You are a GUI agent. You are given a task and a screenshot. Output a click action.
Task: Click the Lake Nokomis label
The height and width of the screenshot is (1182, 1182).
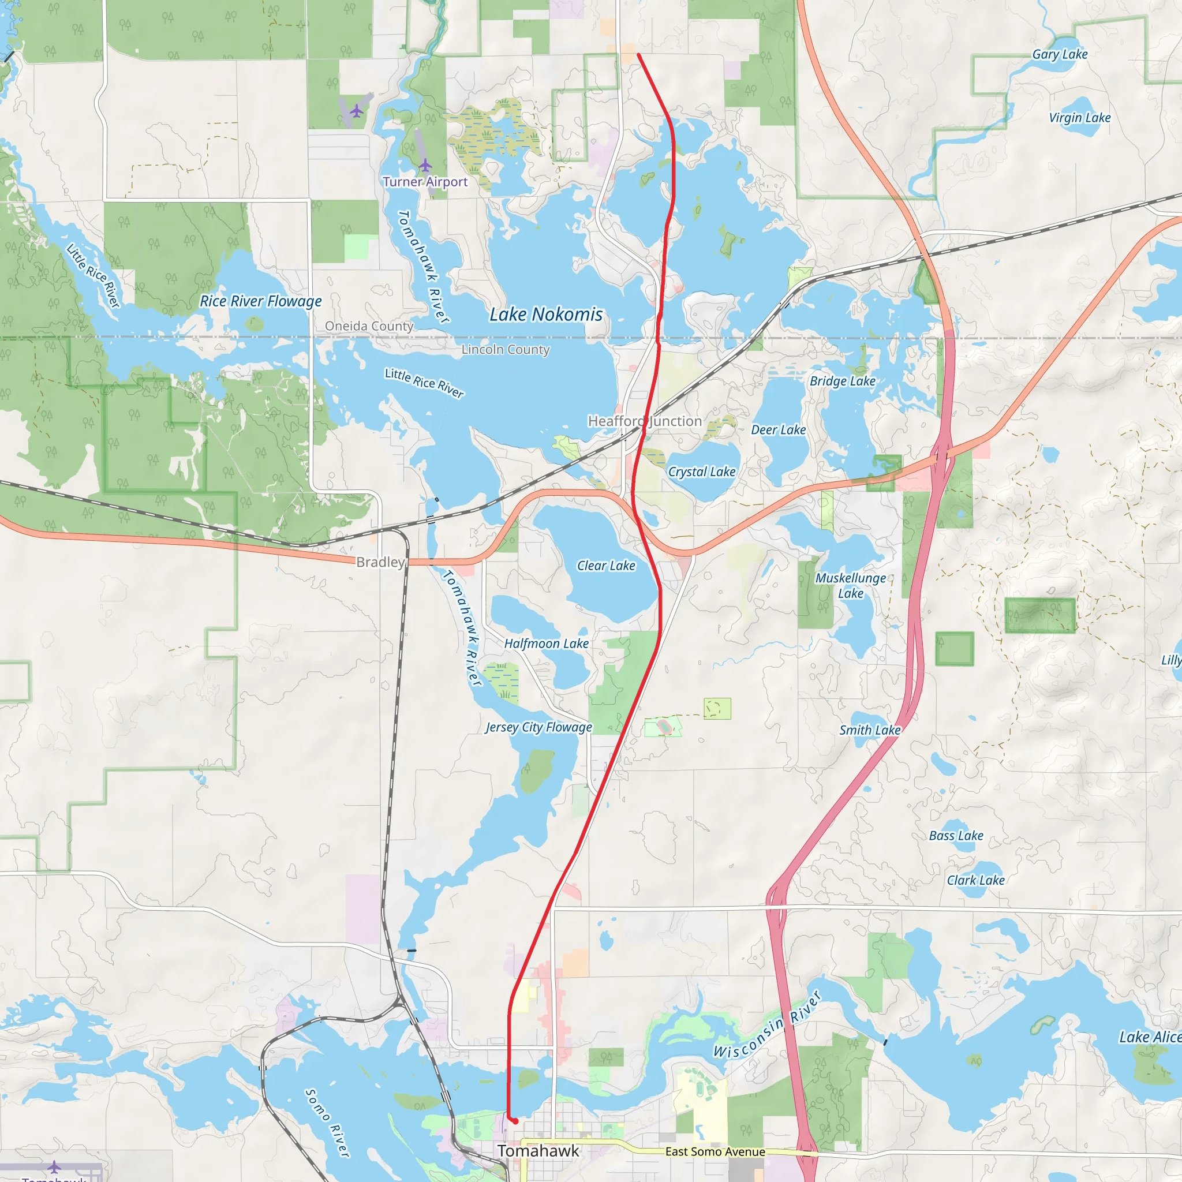coord(546,315)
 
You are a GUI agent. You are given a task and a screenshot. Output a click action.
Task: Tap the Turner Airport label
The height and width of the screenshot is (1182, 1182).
coord(425,182)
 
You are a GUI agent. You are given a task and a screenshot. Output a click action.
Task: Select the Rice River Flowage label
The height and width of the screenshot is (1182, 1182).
coord(261,301)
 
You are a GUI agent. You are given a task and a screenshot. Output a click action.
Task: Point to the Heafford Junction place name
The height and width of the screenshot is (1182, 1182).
coord(645,421)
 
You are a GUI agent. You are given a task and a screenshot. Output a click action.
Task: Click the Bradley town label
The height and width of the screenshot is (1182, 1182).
coord(380,562)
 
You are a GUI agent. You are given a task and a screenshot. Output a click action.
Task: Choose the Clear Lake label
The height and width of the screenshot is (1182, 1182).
coord(607,566)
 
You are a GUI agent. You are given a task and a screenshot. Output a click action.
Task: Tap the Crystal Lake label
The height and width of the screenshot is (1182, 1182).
coord(702,472)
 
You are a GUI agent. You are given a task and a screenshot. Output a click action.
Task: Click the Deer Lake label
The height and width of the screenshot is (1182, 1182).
coord(778,430)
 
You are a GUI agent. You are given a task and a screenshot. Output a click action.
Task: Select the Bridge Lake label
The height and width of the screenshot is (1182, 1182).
coord(843,381)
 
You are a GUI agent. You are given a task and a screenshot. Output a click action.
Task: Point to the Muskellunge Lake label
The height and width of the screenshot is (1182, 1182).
coord(850,585)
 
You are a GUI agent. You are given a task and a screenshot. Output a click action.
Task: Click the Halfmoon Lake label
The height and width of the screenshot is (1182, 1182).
coord(547,644)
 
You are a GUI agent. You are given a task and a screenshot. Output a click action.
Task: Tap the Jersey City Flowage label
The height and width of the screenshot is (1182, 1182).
coord(538,727)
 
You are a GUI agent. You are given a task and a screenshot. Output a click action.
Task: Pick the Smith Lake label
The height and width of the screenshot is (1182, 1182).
coord(869,730)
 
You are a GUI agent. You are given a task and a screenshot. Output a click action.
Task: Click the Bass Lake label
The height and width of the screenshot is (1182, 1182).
coord(956,836)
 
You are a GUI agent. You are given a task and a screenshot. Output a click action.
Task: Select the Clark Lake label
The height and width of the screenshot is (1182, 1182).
coord(976,880)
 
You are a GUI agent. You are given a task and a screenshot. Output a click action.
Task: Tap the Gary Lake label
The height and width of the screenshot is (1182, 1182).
coord(1060,54)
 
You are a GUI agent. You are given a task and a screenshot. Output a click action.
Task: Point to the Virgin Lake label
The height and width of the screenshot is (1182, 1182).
coord(1080,118)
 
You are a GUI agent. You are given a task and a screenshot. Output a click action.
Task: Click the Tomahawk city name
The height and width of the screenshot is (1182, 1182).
coord(538,1151)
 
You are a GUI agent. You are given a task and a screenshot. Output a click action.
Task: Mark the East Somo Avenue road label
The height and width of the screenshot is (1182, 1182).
coord(715,1151)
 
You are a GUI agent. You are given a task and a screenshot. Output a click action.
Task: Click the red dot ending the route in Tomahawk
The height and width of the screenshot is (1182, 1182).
coord(515,1121)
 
